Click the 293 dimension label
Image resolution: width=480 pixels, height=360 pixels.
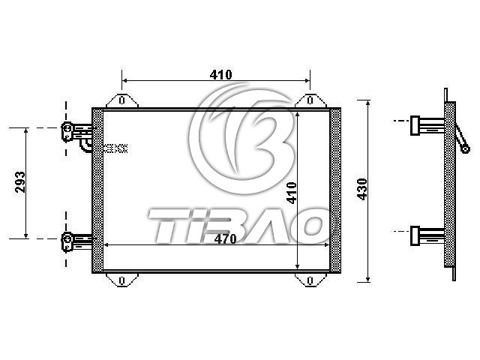point(20,181)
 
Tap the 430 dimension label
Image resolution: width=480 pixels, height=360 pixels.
point(362,189)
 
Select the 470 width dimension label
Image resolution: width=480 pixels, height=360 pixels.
point(226,238)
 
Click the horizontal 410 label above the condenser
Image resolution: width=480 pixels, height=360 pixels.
point(221,75)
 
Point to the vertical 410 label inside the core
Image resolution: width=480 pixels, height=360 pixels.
point(292,193)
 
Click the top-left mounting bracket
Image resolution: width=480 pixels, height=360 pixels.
point(122,100)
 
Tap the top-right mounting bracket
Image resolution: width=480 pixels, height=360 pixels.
point(310,100)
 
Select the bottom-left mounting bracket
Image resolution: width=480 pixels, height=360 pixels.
point(122,280)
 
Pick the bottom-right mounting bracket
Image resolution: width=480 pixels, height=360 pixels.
point(310,280)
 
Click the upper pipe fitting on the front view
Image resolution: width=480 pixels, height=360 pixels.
point(76,131)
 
